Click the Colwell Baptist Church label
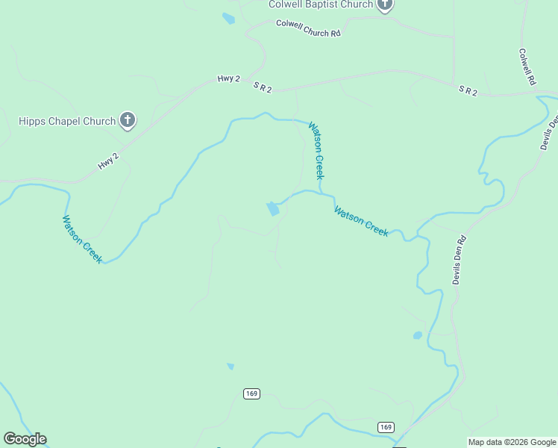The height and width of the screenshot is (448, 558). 321,4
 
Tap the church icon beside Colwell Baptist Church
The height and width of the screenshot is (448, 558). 385,4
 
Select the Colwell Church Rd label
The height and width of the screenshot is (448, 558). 308,28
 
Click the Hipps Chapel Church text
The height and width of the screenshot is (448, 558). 67,121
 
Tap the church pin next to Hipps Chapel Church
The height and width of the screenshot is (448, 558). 128,119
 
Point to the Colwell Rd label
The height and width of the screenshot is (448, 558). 528,68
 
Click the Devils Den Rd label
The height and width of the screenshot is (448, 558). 459,260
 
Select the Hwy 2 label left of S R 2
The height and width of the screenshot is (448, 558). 228,78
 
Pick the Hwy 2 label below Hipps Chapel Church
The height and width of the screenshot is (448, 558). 108,161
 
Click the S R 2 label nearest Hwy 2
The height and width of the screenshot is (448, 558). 263,87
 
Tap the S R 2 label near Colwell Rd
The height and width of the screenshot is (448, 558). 468,90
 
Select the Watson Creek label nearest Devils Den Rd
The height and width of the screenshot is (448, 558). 361,222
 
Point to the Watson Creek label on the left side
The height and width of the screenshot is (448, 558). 81,239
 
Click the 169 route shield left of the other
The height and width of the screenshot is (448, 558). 251,393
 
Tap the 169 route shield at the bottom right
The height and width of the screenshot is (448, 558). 385,427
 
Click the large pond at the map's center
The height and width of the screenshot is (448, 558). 272,208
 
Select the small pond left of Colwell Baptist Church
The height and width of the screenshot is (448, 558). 228,19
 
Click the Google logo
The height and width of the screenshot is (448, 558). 25,439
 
